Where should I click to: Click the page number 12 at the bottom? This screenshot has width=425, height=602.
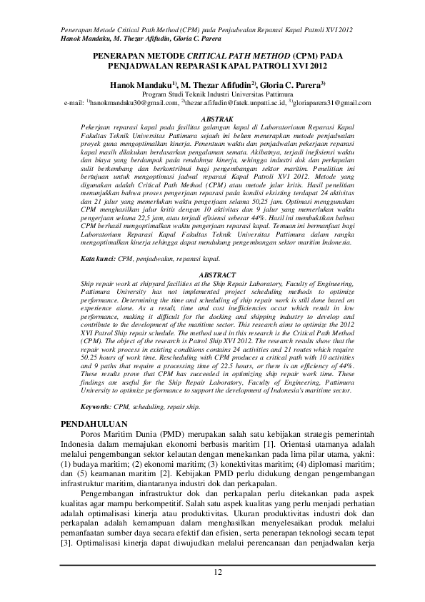coord(219,572)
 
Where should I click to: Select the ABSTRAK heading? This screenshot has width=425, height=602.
coord(212,114)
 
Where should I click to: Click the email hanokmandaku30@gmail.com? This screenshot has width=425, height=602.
coord(134,103)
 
